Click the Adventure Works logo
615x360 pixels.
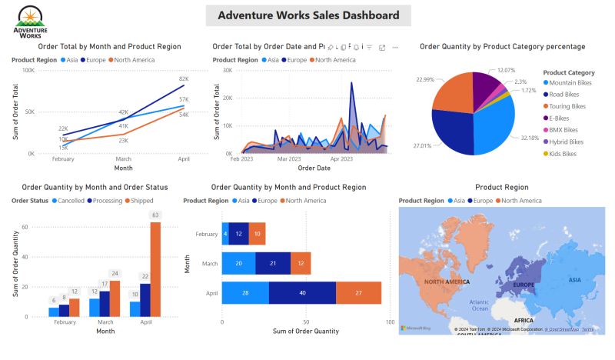pos(30,20)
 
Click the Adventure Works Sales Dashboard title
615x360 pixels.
pos(308,15)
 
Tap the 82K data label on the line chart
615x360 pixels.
pos(184,79)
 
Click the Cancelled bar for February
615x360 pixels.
pos(53,312)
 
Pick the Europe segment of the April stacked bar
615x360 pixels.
pos(303,292)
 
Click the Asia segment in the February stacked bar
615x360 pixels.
pos(225,234)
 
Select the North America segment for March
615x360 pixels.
pos(301,263)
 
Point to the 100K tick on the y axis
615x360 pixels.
pos(28,70)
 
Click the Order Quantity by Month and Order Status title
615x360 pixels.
pos(95,187)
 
